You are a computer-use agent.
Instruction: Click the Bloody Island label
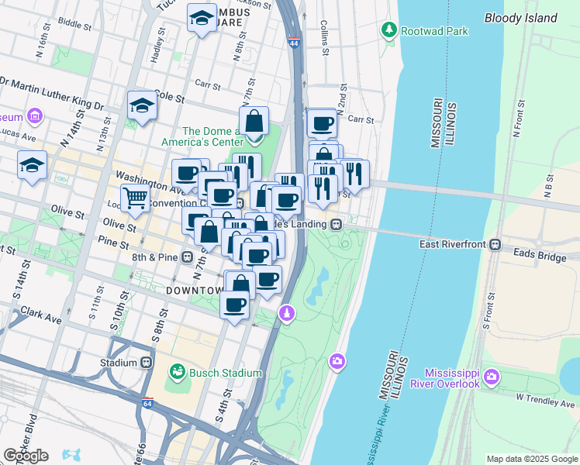tap(520, 18)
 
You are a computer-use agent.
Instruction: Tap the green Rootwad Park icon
tap(388, 30)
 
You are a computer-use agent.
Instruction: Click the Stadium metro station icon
tap(147, 362)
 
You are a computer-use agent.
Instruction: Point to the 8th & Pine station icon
tap(188, 257)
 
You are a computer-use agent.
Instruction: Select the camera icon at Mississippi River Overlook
tap(491, 377)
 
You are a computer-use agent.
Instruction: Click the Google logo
tap(26, 456)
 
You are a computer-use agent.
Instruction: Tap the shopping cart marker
tap(135, 198)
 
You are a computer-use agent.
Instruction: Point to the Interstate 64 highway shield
tap(148, 404)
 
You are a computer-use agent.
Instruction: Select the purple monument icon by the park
tap(287, 313)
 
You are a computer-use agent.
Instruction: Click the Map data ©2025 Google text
tap(532, 459)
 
